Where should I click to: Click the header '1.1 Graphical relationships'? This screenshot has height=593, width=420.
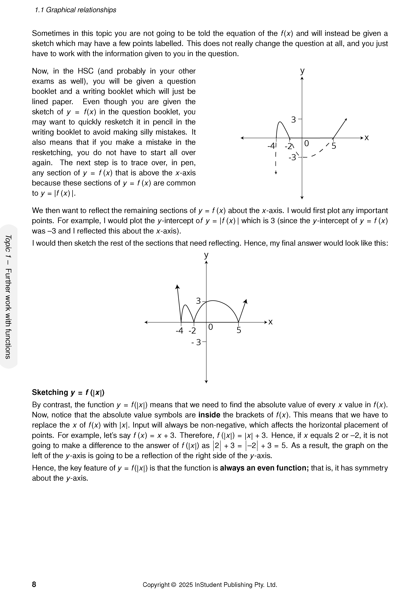pyautogui.click(x=76, y=10)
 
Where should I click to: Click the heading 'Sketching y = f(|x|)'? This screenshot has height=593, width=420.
pyautogui.click(x=68, y=392)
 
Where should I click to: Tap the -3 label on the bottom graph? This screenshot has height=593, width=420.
pyautogui.click(x=196, y=342)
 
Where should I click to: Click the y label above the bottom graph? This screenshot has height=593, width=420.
pyautogui.click(x=206, y=255)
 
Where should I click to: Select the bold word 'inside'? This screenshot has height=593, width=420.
pyautogui.click(x=209, y=415)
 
